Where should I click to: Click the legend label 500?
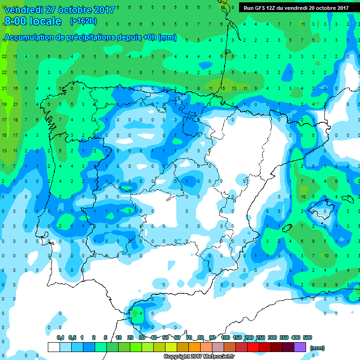pyautogui.click(x=307, y=337)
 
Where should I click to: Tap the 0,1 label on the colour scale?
pyautogui.click(x=60, y=337)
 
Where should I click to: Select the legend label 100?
pyautogui.click(x=225, y=337)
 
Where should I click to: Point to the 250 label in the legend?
pyautogui.click(x=261, y=337)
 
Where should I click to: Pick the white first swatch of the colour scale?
pyautogui.click(x=54, y=347)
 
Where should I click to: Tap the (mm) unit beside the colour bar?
pyautogui.click(x=317, y=348)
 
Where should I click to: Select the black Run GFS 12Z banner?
pyautogui.click(x=296, y=7)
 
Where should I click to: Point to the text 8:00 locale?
pyautogui.click(x=32, y=21)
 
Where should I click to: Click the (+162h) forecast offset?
pyautogui.click(x=84, y=21)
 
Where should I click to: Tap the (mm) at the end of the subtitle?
pyautogui.click(x=167, y=37)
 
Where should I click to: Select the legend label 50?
pyautogui.click(x=165, y=337)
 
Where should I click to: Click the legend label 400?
pyautogui.click(x=296, y=337)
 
